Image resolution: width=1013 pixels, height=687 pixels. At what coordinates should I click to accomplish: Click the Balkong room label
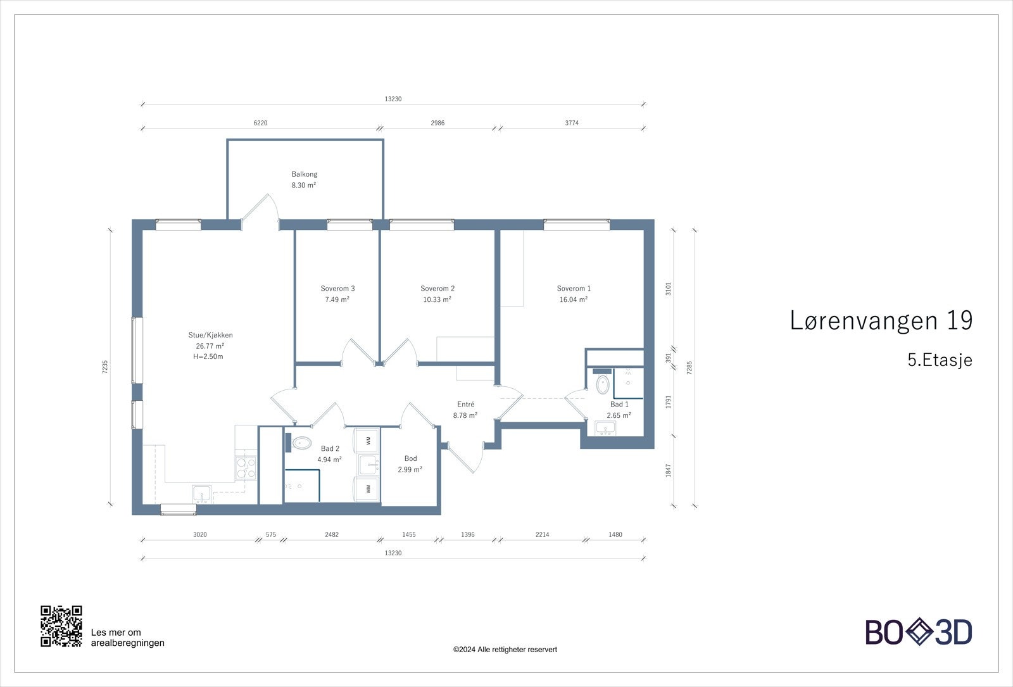(x=305, y=174)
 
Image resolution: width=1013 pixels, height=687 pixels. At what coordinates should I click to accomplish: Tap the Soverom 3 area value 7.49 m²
(x=337, y=299)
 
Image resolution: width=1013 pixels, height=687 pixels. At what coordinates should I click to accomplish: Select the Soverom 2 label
(x=437, y=288)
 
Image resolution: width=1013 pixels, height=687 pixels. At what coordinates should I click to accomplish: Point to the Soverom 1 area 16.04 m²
(x=573, y=299)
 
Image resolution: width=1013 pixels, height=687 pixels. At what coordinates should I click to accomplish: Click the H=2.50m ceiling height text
(x=208, y=356)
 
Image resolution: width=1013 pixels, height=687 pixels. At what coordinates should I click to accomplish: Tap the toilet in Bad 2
(x=302, y=443)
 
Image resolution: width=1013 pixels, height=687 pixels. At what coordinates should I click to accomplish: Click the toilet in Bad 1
(x=603, y=384)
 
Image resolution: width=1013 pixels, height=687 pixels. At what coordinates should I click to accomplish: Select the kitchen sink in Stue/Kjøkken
(x=203, y=493)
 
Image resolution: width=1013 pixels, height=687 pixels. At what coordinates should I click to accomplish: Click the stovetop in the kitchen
(x=246, y=467)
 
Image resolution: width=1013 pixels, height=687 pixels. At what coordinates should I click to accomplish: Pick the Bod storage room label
(x=410, y=458)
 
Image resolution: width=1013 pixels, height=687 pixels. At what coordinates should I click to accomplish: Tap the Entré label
(x=465, y=404)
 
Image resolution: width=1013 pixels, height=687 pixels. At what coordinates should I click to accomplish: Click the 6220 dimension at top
(x=260, y=123)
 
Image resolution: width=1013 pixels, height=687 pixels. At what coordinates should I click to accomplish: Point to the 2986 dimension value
(x=437, y=123)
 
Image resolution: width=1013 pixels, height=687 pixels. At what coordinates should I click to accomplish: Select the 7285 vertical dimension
(x=689, y=367)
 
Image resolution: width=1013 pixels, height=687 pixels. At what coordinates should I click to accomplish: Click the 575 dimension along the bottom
(x=271, y=534)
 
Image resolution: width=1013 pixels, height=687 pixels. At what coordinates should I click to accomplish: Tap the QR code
(x=61, y=626)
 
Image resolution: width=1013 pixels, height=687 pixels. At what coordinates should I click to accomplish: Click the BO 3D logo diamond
(x=919, y=632)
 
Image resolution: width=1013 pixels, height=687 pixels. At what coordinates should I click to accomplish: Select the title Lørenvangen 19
(x=881, y=320)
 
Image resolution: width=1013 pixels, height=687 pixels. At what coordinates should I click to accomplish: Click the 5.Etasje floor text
(x=940, y=360)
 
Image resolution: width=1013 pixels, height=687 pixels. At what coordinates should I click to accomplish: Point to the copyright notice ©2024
(x=505, y=649)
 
